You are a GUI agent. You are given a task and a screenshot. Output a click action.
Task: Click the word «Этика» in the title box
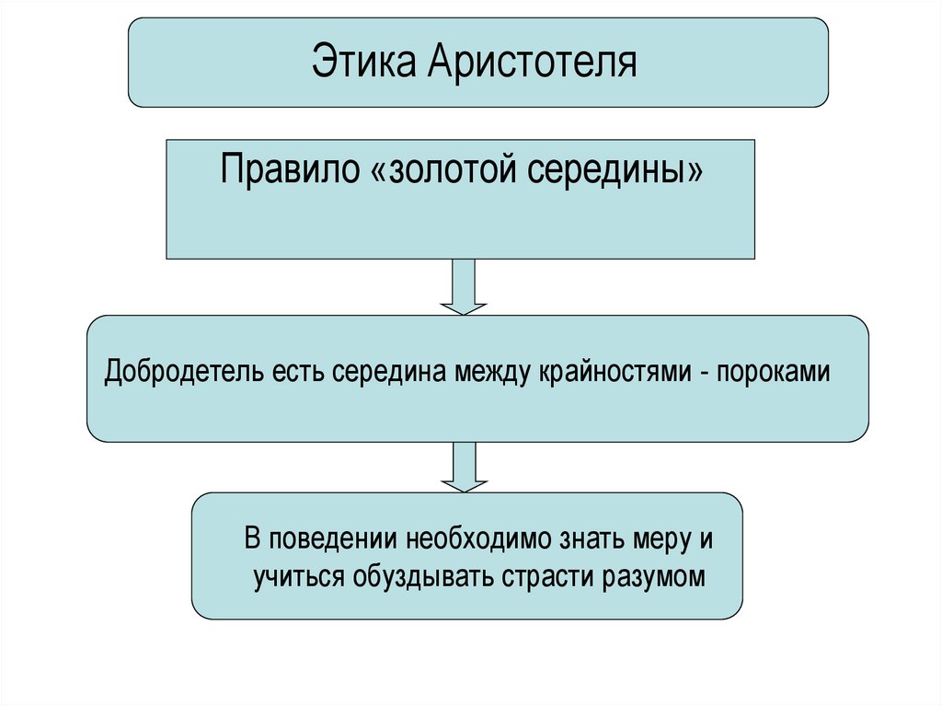click(362, 64)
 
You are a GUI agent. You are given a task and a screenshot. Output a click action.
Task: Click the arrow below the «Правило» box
click(464, 286)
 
